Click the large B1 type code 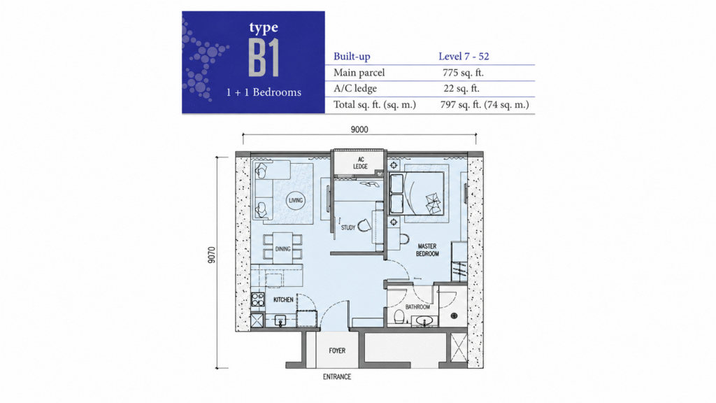coord(264,57)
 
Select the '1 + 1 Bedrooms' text coord(264,92)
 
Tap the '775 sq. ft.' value coord(463,73)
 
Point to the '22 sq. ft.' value coord(461,89)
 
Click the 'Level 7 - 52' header coord(464,56)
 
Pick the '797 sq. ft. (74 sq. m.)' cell coord(485,105)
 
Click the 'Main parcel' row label coord(359,73)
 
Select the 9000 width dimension coord(359,129)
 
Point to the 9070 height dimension coord(211,255)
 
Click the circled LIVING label coord(296,200)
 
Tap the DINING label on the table coord(282,249)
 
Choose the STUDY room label coord(348,227)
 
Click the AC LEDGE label coord(360,163)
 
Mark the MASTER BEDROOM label coord(427,250)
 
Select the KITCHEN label coord(283,299)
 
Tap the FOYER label coord(337,351)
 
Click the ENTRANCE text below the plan coord(337,377)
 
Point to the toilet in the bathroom coord(399,317)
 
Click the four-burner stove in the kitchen coord(257,299)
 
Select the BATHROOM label coord(418,307)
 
